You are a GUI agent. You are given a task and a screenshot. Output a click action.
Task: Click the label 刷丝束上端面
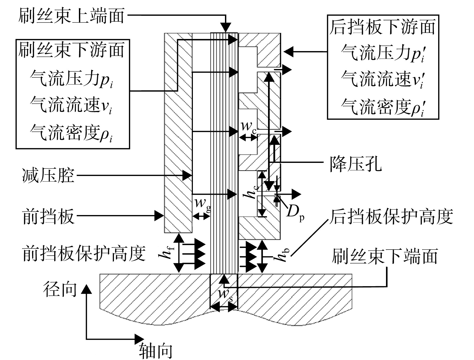[x=71, y=16]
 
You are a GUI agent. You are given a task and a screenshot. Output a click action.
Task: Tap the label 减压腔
[x=48, y=175]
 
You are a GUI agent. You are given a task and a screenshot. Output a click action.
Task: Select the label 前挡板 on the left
[x=48, y=216]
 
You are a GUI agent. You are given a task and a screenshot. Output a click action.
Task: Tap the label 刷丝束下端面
[x=385, y=256]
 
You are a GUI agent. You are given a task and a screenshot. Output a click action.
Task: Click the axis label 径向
[x=60, y=289]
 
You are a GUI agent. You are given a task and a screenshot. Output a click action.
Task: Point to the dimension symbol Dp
[x=295, y=213]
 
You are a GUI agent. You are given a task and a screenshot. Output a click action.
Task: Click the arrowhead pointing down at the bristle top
[x=226, y=28]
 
